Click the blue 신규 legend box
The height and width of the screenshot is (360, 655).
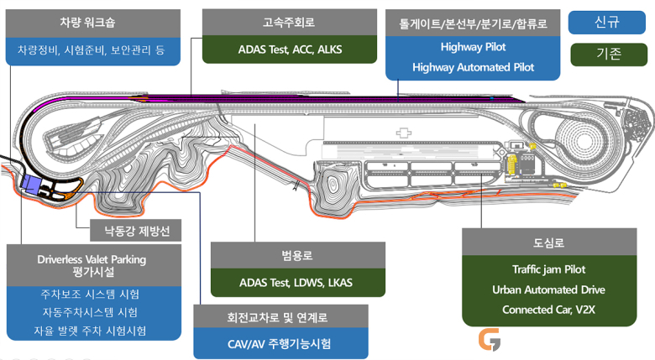tap(606, 22)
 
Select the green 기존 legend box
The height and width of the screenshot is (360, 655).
tap(609, 55)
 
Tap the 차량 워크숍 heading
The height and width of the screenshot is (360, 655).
tap(87, 22)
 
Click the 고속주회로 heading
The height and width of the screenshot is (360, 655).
tap(289, 22)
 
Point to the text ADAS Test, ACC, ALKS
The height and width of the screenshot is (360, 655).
tap(290, 50)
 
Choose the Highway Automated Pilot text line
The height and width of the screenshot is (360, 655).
tap(473, 67)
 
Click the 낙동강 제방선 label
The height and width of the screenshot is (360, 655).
tap(137, 231)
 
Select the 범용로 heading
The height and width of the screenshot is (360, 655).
tap(297, 255)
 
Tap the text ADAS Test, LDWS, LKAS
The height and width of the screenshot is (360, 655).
tap(296, 283)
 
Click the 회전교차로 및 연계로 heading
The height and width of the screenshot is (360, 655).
tap(277, 317)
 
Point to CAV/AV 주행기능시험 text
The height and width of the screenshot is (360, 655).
tap(279, 344)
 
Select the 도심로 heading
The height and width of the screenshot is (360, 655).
tap(549, 243)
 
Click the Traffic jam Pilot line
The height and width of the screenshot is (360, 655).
tap(549, 269)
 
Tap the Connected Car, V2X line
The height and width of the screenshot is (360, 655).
tap(549, 310)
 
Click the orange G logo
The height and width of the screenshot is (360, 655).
tap(490, 339)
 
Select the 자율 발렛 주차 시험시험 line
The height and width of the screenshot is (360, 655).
tap(90, 331)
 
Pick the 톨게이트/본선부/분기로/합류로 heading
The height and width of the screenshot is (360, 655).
tap(473, 23)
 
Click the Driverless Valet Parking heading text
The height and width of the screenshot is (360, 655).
tap(92, 259)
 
